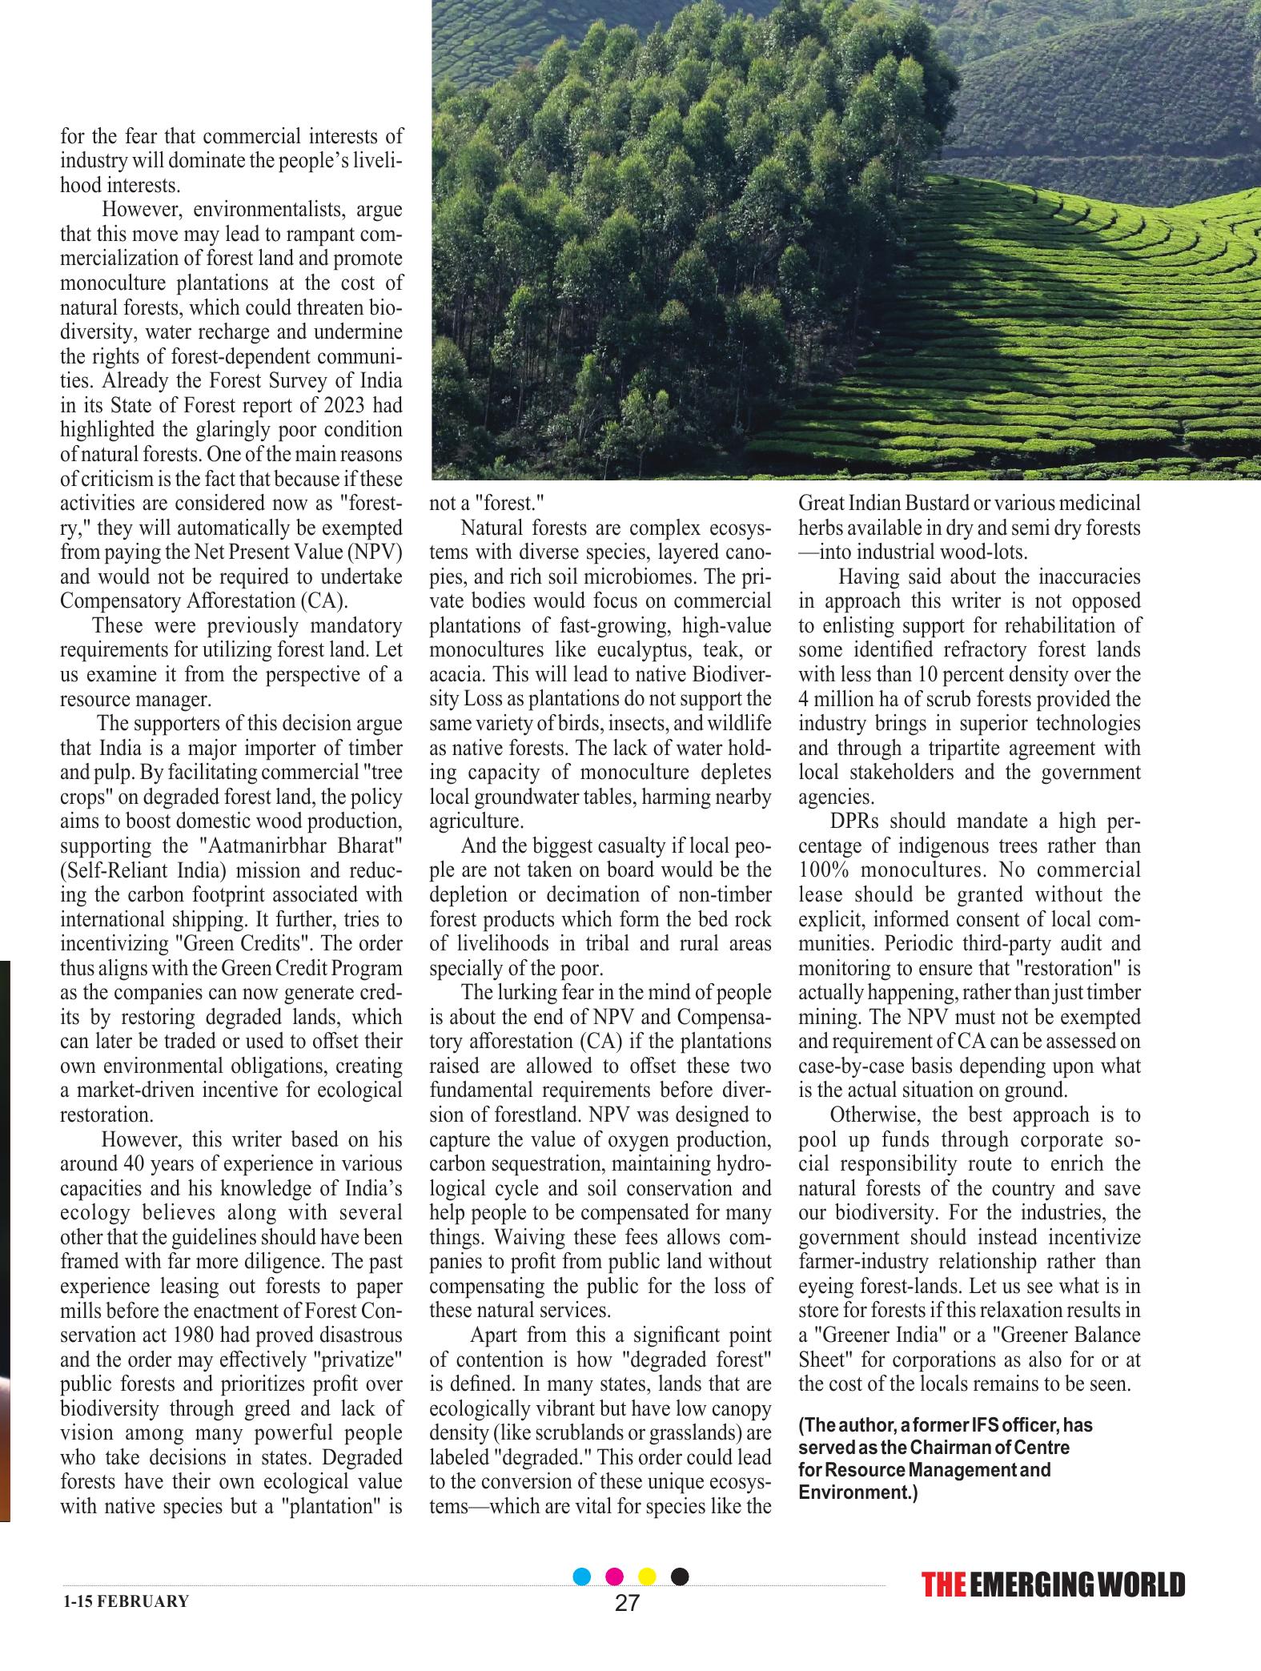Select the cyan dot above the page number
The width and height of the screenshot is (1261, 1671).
[x=583, y=1577]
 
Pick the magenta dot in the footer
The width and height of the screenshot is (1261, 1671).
[x=615, y=1577]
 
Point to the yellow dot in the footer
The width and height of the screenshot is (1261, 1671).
[x=647, y=1577]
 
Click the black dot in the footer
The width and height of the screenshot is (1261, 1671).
[x=680, y=1577]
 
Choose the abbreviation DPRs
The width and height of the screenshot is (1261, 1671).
[x=854, y=821]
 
